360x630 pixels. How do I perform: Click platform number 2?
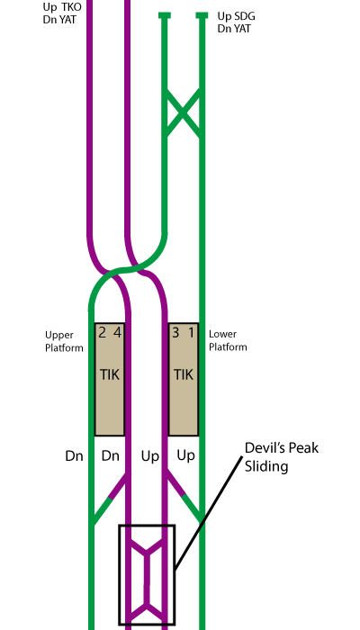click(x=102, y=333)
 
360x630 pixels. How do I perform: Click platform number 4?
click(x=117, y=333)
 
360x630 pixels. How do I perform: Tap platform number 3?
click(x=175, y=333)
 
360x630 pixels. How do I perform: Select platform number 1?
click(x=191, y=333)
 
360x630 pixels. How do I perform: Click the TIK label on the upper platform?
click(x=109, y=375)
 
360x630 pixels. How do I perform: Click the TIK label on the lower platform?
click(x=184, y=375)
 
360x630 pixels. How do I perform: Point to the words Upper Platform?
click(x=64, y=341)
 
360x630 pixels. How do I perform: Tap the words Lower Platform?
click(x=228, y=341)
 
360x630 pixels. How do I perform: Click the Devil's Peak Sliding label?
click(x=282, y=457)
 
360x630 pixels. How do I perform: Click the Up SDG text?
click(x=236, y=16)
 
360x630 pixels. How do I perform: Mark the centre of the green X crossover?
click(x=183, y=113)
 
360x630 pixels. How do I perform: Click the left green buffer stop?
click(x=165, y=15)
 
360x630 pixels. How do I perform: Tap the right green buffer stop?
click(x=202, y=15)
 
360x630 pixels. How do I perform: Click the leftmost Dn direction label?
click(x=74, y=456)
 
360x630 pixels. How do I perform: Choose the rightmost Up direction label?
click(x=185, y=456)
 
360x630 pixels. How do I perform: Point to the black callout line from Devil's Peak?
click(x=209, y=513)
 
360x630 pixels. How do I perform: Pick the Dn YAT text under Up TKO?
click(x=59, y=19)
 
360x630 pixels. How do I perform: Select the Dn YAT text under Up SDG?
click(x=234, y=29)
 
